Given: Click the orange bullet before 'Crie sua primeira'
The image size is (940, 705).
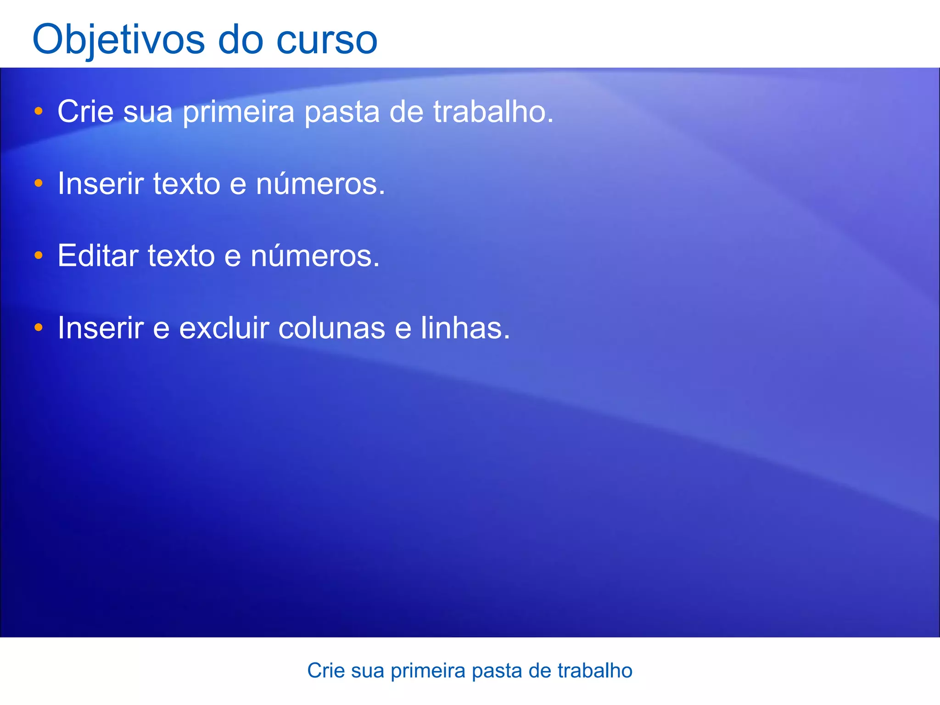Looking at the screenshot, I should [x=39, y=111].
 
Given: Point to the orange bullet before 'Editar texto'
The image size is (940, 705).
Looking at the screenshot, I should [x=39, y=255].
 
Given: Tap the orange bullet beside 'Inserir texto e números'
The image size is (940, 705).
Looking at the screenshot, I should [x=39, y=184].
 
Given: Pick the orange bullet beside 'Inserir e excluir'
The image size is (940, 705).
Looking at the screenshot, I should [x=39, y=328].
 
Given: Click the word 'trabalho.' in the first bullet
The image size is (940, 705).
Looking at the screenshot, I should [x=493, y=112].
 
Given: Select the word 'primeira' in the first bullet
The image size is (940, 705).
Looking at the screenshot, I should [x=238, y=112].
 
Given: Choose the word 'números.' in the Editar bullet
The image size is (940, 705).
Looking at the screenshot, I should [x=315, y=256].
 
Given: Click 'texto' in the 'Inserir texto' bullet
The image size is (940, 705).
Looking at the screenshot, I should [x=186, y=184].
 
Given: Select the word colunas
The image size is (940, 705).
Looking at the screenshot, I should [x=331, y=328].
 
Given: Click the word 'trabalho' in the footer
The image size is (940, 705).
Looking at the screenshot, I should [x=595, y=671].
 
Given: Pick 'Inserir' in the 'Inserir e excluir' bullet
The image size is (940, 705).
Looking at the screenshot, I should [x=101, y=328].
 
